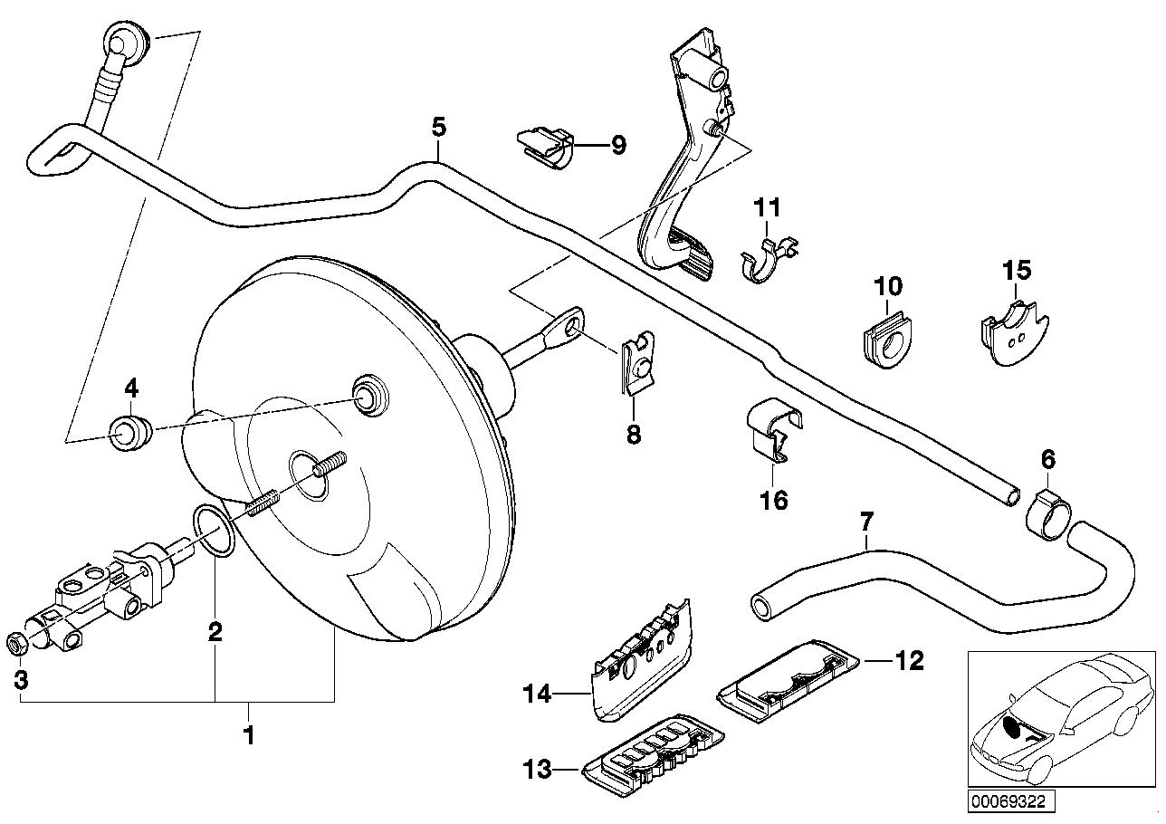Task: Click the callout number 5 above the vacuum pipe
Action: coord(438,127)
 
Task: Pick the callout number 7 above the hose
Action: coord(866,522)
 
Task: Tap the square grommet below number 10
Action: coord(885,342)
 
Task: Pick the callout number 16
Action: coord(775,500)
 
